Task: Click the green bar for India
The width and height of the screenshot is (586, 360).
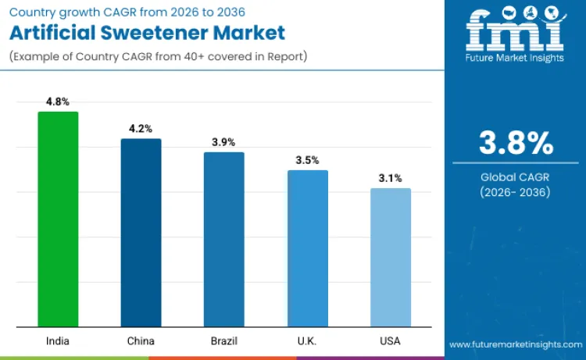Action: coord(58,219)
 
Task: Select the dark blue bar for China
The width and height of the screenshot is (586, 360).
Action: coord(141,233)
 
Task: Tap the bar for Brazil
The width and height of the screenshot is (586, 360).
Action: coord(224,239)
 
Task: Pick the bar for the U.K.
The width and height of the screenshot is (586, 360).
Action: coord(307,248)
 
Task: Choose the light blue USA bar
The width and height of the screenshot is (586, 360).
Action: coord(390,257)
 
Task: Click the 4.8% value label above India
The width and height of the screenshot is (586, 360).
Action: coord(58,102)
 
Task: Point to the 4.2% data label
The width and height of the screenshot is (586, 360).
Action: coord(141,128)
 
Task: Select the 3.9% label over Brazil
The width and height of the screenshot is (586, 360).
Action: coord(224,142)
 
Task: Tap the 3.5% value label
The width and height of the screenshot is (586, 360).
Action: coord(307,160)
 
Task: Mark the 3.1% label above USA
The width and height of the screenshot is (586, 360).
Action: coord(390,178)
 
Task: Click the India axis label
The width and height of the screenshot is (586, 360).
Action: coord(58,341)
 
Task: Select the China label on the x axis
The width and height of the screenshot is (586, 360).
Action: coord(141,341)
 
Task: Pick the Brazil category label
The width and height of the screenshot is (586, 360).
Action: coord(224,341)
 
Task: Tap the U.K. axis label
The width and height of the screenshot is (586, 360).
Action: coord(307,341)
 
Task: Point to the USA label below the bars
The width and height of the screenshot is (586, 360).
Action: coord(390,341)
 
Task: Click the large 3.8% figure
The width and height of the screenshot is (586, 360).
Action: coord(515,144)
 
